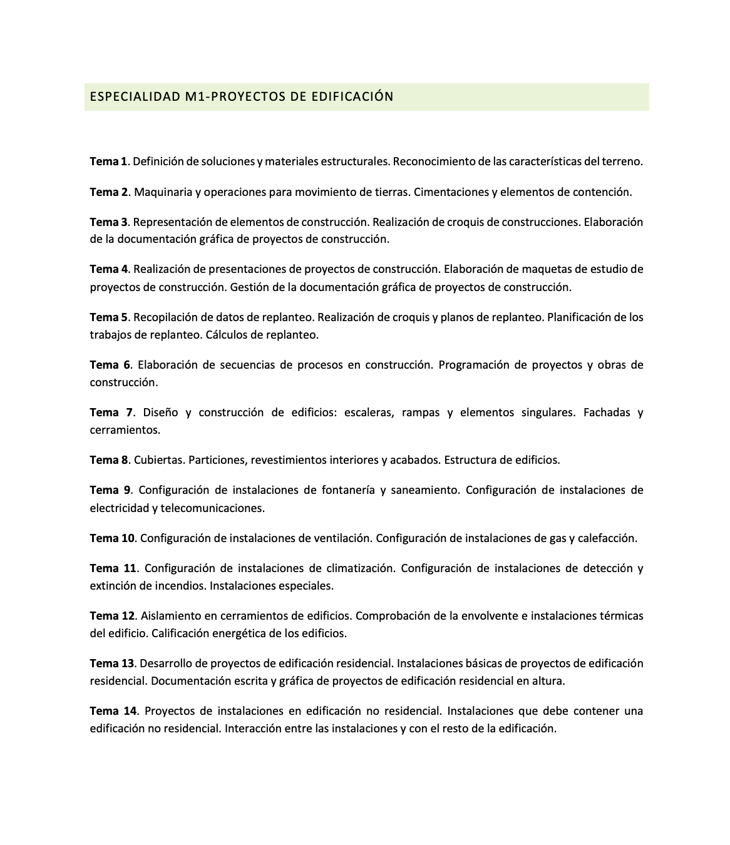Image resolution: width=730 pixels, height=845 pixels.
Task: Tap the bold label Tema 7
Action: pyautogui.click(x=111, y=412)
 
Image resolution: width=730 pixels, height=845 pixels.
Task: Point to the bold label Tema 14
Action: pyautogui.click(x=113, y=711)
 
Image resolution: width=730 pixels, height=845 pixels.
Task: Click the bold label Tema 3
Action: pyautogui.click(x=108, y=222)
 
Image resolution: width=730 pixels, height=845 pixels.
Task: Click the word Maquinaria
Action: pyautogui.click(x=163, y=192)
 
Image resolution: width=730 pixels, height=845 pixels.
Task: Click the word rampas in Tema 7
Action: pyautogui.click(x=421, y=412)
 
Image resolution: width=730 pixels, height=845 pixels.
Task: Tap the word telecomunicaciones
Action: pyautogui.click(x=212, y=508)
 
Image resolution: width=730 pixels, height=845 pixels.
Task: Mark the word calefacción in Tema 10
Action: pyautogui.click(x=607, y=538)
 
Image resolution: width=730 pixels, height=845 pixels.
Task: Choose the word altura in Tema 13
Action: pyautogui.click(x=548, y=681)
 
